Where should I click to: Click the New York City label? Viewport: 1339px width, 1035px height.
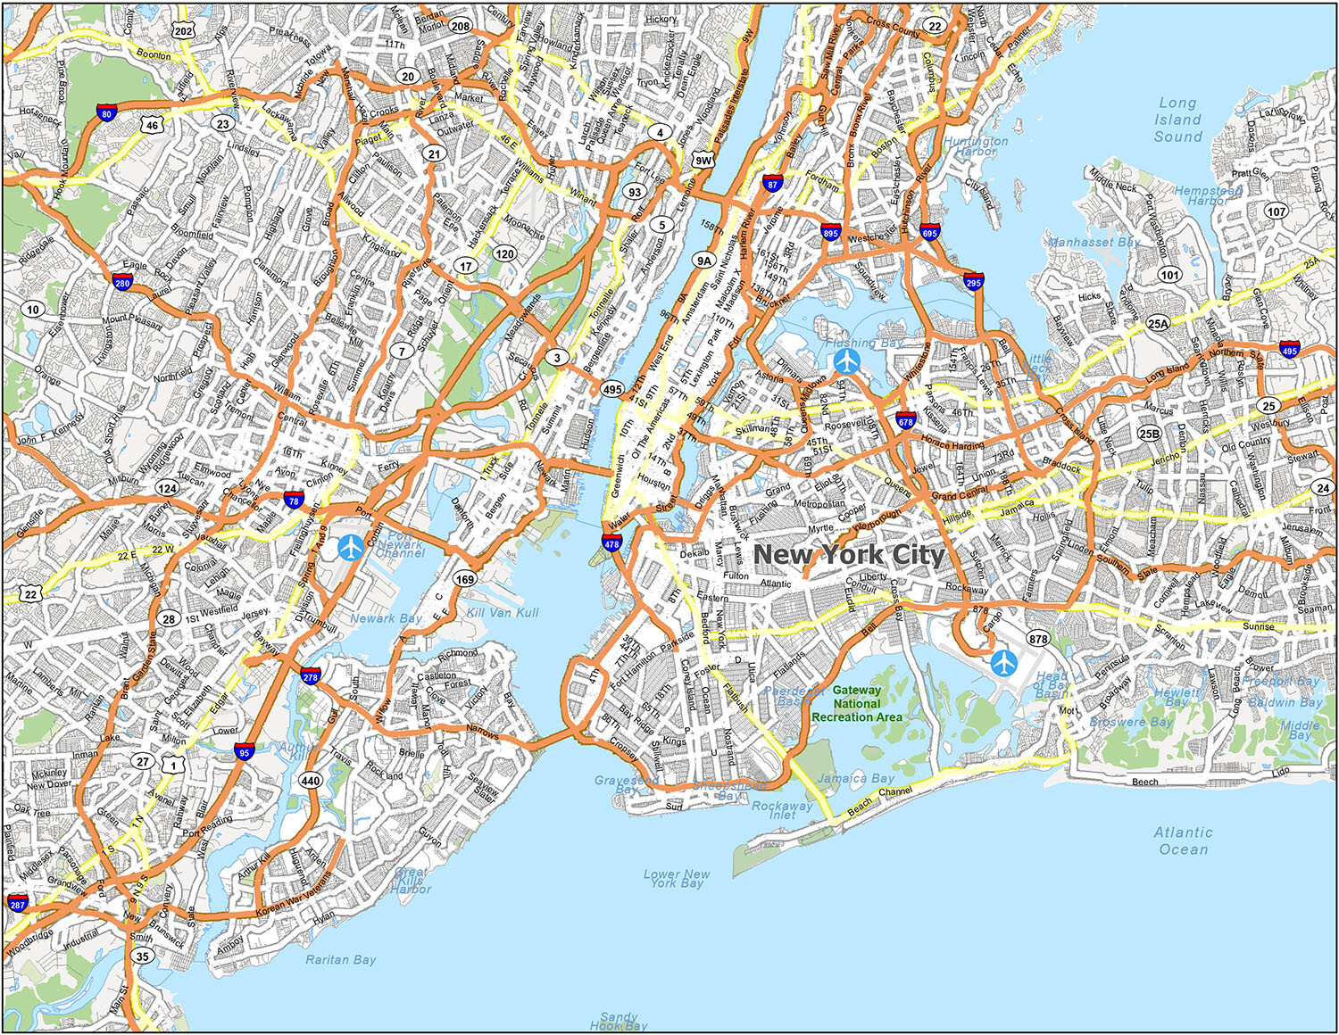click(x=849, y=555)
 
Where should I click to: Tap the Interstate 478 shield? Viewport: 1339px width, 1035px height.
click(x=611, y=542)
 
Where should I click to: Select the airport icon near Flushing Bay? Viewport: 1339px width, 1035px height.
click(x=845, y=361)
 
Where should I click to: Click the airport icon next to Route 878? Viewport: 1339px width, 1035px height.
click(x=1004, y=663)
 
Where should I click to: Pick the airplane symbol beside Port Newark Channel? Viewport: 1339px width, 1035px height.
click(x=351, y=547)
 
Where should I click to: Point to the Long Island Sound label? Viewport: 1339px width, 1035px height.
click(x=1177, y=120)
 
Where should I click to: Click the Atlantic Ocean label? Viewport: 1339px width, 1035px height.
click(x=1183, y=840)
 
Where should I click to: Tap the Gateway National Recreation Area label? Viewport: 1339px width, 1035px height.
click(x=856, y=703)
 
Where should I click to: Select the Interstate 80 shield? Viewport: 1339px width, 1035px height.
click(x=106, y=112)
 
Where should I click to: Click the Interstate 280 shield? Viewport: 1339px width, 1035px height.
click(x=122, y=282)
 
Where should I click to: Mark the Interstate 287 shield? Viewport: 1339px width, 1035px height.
click(x=18, y=903)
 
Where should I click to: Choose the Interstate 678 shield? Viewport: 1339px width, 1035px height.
click(x=905, y=420)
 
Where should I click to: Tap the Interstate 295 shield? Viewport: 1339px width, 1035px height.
click(x=973, y=282)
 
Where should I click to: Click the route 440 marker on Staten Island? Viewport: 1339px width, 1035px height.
click(x=310, y=781)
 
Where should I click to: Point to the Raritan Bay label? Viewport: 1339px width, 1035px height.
click(x=340, y=960)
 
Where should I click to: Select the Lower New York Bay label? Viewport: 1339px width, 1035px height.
click(x=677, y=879)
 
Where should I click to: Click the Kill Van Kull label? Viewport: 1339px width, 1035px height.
click(x=502, y=612)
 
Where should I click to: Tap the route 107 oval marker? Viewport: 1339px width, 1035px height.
click(x=1277, y=211)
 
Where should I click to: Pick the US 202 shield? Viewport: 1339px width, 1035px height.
click(x=183, y=31)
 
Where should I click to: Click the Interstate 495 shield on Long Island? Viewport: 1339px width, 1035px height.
click(x=1289, y=350)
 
